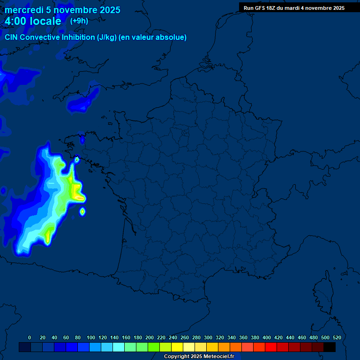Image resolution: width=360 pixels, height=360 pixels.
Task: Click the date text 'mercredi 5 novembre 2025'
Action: pyautogui.click(x=62, y=10)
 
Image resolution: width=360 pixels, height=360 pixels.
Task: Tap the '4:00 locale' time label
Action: pyautogui.click(x=33, y=21)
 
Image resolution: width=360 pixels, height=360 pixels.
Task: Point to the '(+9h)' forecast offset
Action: pyautogui.click(x=79, y=21)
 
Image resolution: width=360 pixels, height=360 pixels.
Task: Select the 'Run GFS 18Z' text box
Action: pyautogui.click(x=294, y=8)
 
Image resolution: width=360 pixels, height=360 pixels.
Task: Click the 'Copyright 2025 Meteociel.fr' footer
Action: pyautogui.click(x=199, y=356)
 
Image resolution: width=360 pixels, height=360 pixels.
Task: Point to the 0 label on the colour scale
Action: pyautogui.click(x=30, y=337)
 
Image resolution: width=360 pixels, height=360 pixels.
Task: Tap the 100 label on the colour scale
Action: pyautogui.click(x=90, y=337)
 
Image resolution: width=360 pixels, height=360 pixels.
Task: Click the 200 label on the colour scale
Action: pyautogui.click(x=149, y=337)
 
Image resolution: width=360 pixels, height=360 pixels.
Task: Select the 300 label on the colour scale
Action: pyautogui.click(x=208, y=337)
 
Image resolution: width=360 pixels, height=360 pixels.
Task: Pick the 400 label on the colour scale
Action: pyautogui.click(x=266, y=337)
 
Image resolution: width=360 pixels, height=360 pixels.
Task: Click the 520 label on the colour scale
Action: pyautogui.click(x=337, y=337)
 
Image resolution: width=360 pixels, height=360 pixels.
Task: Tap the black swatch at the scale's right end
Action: pyautogui.click(x=330, y=347)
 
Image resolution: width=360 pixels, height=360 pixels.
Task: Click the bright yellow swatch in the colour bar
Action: pyautogui.click(x=177, y=347)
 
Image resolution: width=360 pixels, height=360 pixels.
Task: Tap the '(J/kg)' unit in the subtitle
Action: pyautogui.click(x=106, y=37)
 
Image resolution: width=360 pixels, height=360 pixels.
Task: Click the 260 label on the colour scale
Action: pyautogui.click(x=184, y=337)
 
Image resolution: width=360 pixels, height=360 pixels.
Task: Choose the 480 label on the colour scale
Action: pyautogui.click(x=313, y=337)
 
